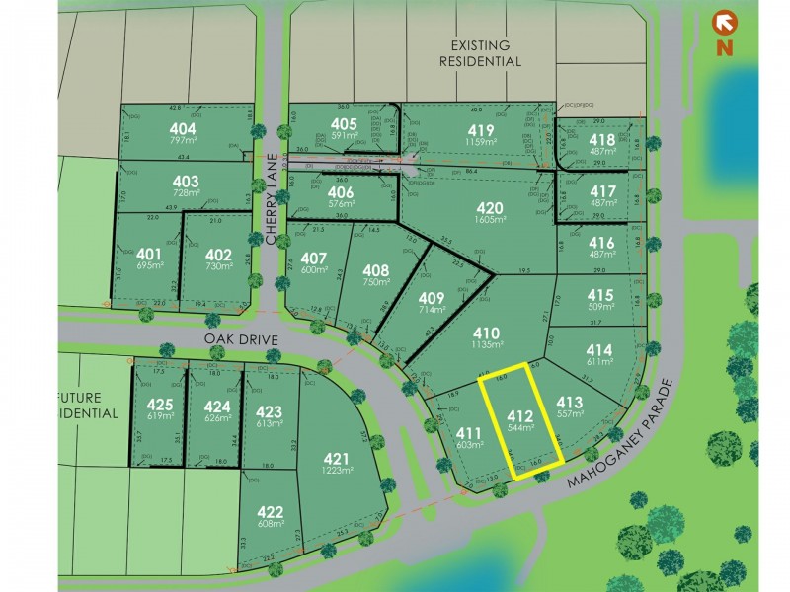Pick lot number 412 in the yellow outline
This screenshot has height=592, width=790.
click(519, 415)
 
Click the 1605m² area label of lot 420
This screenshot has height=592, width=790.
click(490, 221)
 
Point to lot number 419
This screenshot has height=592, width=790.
click(482, 129)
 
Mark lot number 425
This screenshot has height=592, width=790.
click(160, 404)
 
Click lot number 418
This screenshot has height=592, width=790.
click(602, 139)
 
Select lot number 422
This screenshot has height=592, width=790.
click(270, 511)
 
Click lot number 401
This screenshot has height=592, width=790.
click(148, 253)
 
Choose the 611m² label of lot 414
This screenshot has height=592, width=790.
click(599, 363)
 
